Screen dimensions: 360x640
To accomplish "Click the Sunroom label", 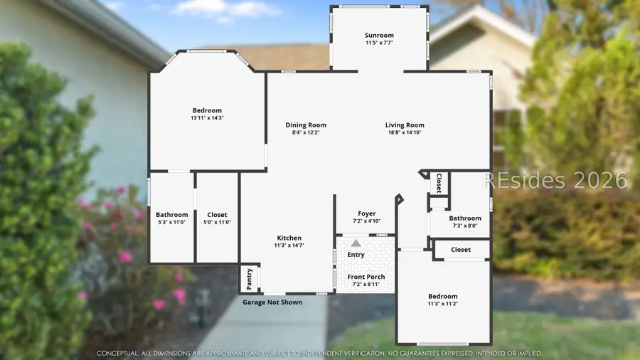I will click(x=379, y=36).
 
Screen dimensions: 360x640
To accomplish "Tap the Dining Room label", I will click(x=306, y=125).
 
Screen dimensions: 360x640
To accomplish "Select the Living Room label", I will click(x=405, y=125).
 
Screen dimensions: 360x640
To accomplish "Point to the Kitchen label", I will click(x=289, y=238).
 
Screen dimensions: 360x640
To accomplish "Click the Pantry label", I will click(x=250, y=278).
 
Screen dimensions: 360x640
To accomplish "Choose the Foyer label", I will click(x=366, y=213).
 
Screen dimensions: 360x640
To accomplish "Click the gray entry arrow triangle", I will click(x=356, y=243).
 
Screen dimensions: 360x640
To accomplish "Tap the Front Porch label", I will click(x=366, y=277).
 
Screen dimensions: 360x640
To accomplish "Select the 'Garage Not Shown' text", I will click(x=272, y=302).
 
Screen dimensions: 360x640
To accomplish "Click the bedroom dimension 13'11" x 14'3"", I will click(x=207, y=118).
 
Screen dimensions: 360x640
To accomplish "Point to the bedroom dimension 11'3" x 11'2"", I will click(x=442, y=304).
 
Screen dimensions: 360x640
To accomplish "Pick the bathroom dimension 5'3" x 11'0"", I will click(x=172, y=223).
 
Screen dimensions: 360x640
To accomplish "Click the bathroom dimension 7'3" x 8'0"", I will click(x=465, y=226).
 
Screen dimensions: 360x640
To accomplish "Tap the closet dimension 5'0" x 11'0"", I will click(x=217, y=223).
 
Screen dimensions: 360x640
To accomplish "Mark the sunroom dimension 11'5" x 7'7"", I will click(x=379, y=43).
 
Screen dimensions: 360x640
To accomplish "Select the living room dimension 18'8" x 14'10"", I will click(x=405, y=133).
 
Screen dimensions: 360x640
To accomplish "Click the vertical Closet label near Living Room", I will click(x=439, y=183).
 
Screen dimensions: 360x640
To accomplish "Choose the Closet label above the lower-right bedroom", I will click(x=461, y=250).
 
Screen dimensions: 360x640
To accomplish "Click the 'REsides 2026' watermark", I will click(x=557, y=180).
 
